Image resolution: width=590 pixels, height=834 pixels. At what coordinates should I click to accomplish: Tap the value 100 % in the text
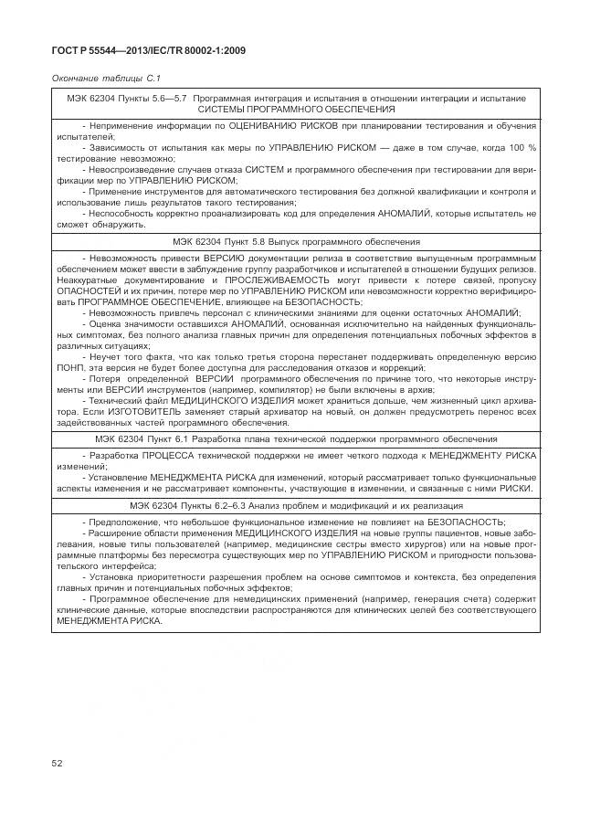522,146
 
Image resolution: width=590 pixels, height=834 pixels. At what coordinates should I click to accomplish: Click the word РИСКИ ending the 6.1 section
514,487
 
